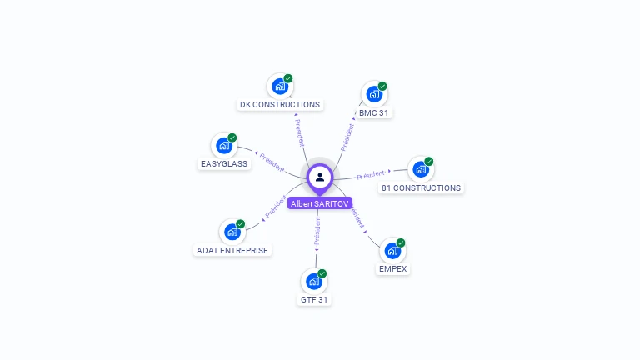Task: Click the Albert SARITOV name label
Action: point(320,203)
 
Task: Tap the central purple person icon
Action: point(320,177)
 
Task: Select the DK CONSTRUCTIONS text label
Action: point(280,105)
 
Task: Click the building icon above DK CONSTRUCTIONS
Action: point(279,86)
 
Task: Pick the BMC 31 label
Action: point(374,112)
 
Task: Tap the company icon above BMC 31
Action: point(374,94)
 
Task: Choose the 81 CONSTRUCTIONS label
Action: point(421,188)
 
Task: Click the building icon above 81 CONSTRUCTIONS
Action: point(421,169)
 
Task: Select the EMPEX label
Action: point(393,269)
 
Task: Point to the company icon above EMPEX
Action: point(392,251)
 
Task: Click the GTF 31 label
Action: point(314,299)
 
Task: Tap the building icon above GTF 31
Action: point(314,281)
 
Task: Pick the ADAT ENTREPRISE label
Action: point(232,250)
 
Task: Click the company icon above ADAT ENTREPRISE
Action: point(232,232)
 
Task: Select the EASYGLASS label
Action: point(224,164)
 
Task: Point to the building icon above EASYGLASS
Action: point(223,146)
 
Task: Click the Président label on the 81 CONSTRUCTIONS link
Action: point(371,174)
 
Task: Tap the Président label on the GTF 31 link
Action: point(317,233)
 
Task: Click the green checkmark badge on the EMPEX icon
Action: point(401,243)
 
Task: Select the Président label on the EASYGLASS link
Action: point(272,162)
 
